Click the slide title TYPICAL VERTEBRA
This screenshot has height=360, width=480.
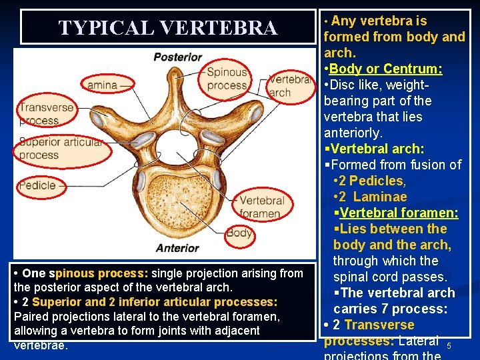pyautogui.click(x=167, y=27)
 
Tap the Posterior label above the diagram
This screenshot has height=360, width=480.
pyautogui.click(x=177, y=57)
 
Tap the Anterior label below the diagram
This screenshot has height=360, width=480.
pyautogui.click(x=177, y=248)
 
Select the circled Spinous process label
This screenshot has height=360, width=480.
pyautogui.click(x=227, y=79)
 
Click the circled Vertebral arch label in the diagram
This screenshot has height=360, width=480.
pyautogui.click(x=289, y=85)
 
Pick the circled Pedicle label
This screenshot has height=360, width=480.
pyautogui.click(x=38, y=185)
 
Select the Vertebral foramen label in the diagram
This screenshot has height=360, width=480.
pyautogui.click(x=261, y=207)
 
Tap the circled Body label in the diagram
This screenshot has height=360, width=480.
pyautogui.click(x=239, y=233)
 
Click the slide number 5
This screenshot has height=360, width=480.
pyautogui.click(x=449, y=346)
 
